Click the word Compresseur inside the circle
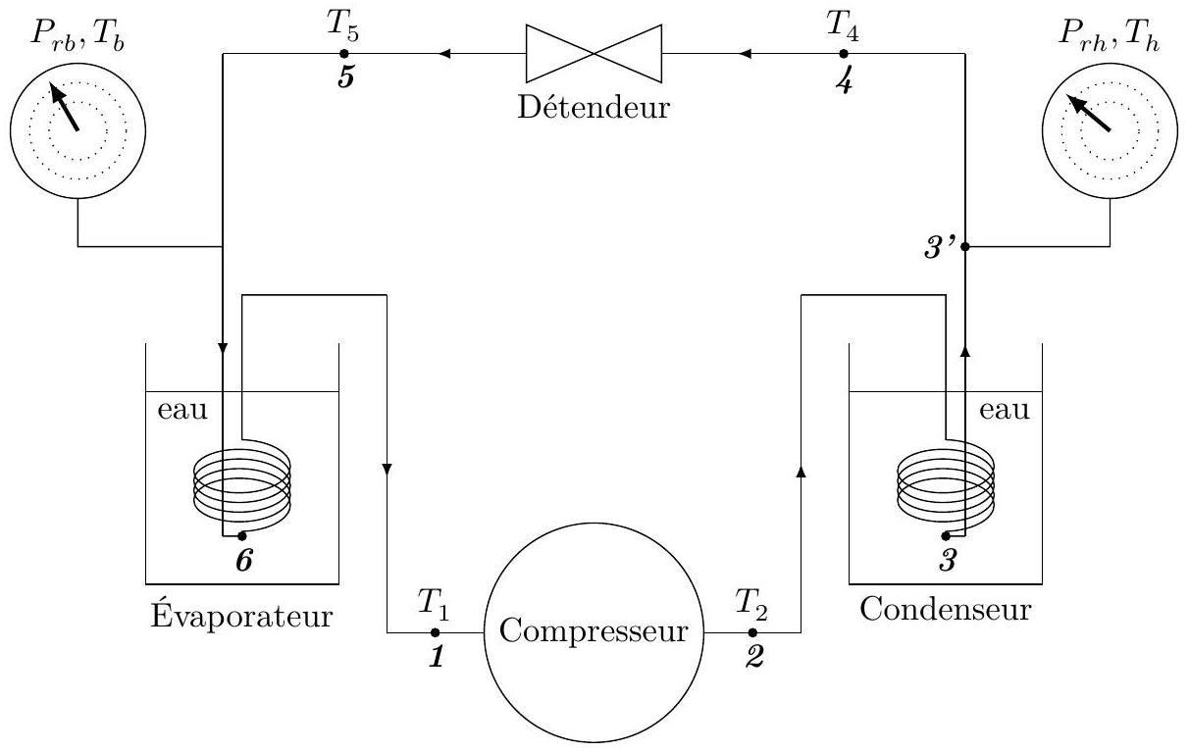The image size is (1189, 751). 594,632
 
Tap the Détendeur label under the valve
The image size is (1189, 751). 594,107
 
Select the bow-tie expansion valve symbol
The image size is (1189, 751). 594,54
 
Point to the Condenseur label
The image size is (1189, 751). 946,610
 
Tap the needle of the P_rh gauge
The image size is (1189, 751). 1088,113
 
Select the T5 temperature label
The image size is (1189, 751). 342,26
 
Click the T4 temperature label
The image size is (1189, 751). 843,26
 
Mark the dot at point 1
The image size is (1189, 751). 436,632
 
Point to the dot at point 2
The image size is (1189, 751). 752,632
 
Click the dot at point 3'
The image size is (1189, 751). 965,247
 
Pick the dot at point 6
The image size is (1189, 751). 242,535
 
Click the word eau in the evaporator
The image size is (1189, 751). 182,411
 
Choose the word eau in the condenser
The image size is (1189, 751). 1005,411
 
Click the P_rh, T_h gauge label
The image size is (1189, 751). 1110,37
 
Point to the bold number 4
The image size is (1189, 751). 844,82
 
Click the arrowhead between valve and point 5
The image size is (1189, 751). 444,54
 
